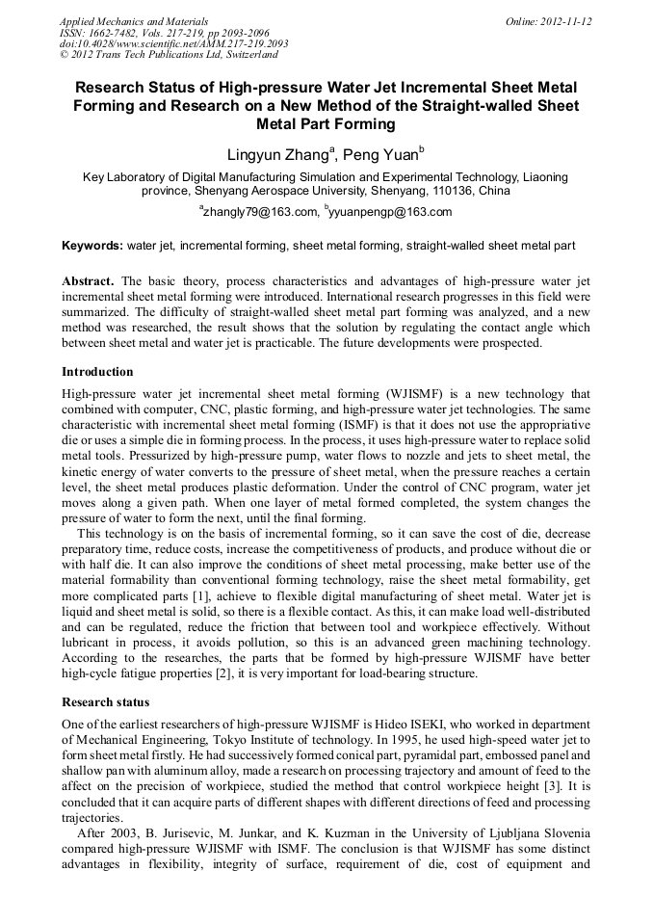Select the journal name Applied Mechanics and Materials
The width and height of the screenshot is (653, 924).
point(134,20)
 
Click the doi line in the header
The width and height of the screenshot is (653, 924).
point(173,43)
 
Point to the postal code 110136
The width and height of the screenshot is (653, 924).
point(454,191)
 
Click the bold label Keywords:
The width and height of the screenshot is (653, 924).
point(92,246)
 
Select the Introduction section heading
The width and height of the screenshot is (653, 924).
point(97,371)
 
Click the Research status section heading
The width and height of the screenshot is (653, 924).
point(106,701)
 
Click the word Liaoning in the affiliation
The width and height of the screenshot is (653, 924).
point(543,177)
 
